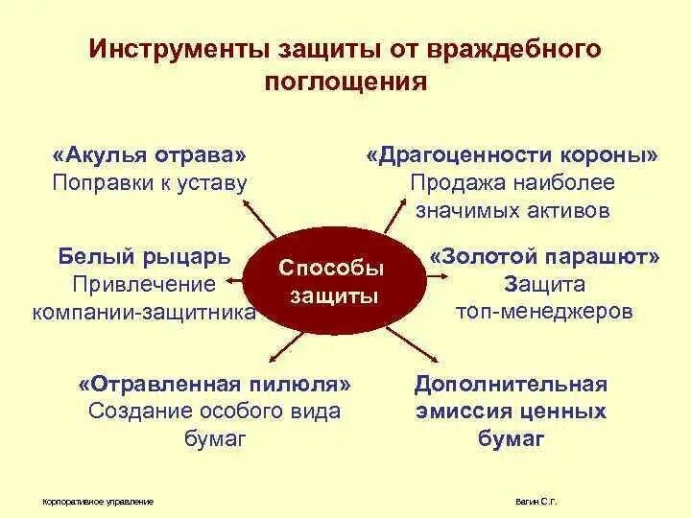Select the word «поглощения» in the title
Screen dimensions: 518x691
345,81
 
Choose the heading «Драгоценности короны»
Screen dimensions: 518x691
512,155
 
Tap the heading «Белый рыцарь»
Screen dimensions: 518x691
144,257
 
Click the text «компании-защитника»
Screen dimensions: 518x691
144,312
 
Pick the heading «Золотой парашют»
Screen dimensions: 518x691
545,257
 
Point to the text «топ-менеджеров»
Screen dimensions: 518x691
544,312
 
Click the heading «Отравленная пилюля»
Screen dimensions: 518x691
215,384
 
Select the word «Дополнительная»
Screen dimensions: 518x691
511,384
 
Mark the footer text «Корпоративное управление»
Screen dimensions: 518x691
99,502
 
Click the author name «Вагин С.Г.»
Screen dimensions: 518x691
536,502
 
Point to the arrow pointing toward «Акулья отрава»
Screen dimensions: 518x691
259,218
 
